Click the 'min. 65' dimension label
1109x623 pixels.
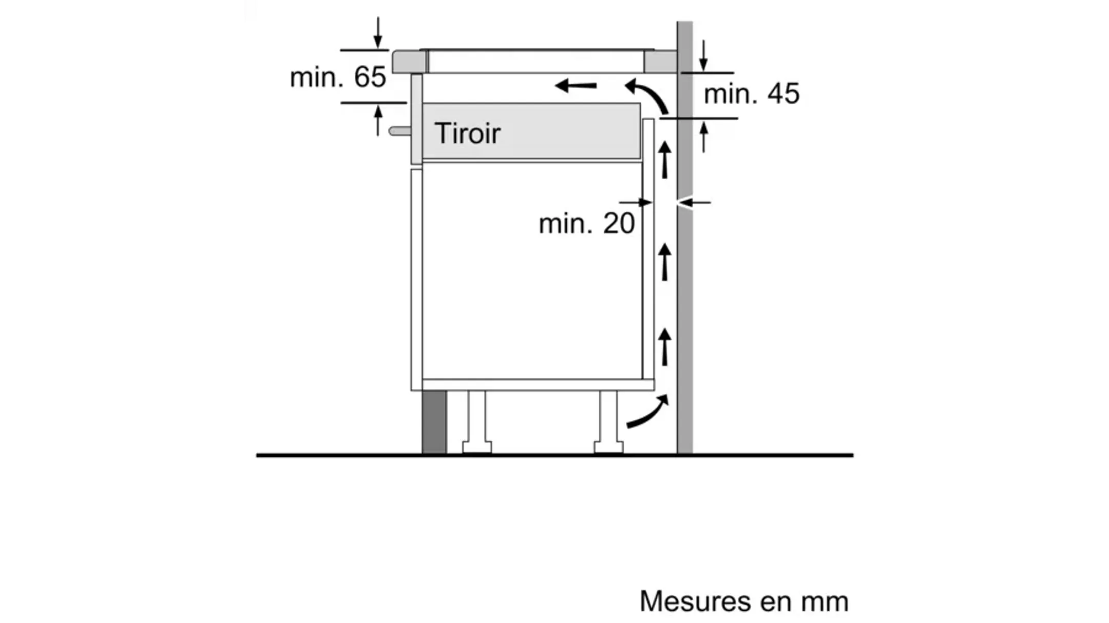point(338,77)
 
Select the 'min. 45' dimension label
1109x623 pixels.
point(751,94)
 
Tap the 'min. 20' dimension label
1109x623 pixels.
point(586,224)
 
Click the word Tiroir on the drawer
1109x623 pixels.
point(467,133)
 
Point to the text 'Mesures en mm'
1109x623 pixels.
point(743,601)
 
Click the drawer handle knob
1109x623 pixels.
point(399,131)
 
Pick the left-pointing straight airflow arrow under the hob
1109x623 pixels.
point(576,85)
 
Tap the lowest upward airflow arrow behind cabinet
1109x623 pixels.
point(665,347)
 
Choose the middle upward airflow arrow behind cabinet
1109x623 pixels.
point(665,262)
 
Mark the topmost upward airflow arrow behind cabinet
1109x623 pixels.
point(665,160)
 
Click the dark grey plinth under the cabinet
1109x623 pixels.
point(434,422)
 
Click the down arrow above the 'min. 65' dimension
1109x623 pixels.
point(378,33)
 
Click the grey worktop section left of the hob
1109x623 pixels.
point(410,62)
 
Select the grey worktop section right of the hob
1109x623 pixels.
point(660,62)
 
